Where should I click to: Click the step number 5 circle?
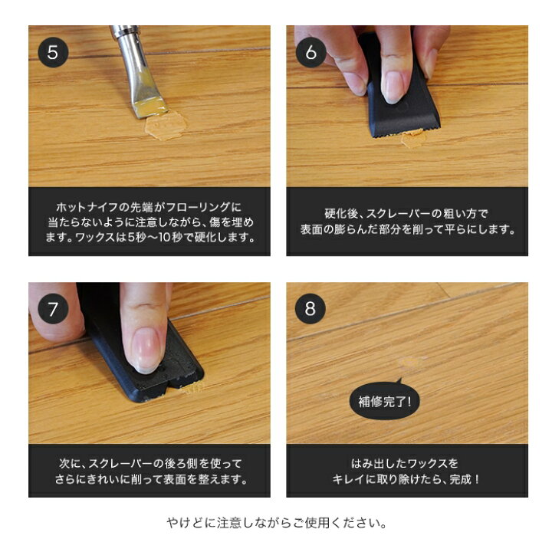tap(53, 52)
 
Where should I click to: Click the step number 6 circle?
tap(310, 52)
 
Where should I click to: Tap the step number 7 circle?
tap(53, 309)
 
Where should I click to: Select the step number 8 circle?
tap(310, 309)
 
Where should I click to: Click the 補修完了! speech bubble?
tap(385, 401)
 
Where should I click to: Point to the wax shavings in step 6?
tap(412, 139)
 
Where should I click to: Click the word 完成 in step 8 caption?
tap(459, 479)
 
